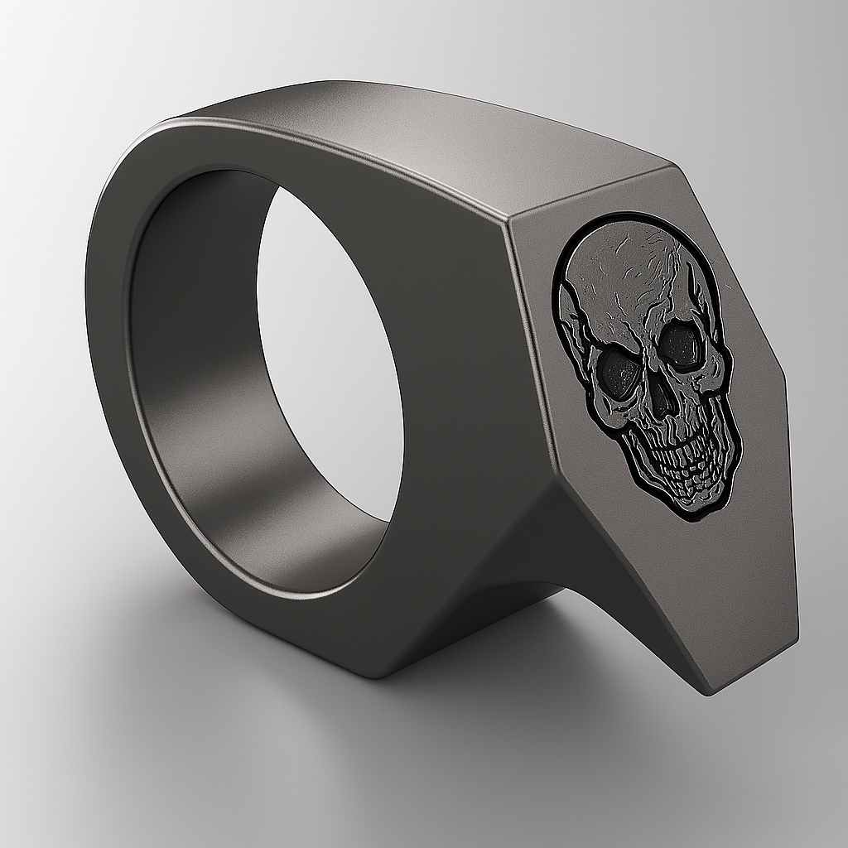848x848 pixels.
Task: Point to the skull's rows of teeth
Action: click(x=675, y=464)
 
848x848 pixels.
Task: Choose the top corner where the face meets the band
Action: click(x=509, y=217)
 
